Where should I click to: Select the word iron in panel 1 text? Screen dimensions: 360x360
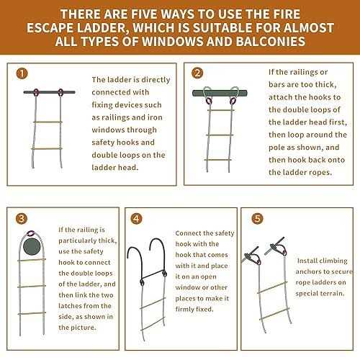[x=155, y=122]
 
